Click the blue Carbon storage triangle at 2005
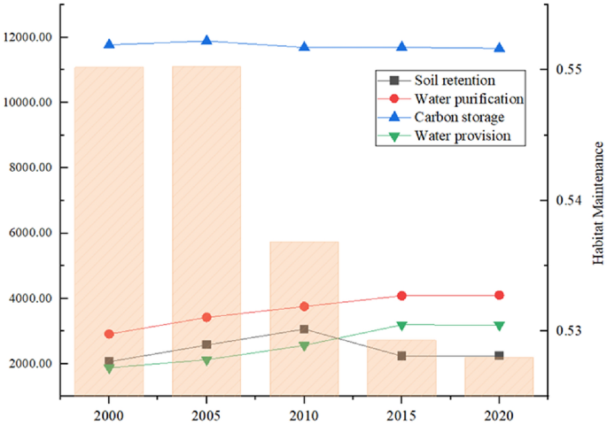206,40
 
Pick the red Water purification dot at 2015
401,296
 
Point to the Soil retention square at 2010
304,329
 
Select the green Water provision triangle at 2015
401,326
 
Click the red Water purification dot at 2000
109,334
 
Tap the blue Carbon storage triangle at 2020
499,48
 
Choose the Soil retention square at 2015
401,356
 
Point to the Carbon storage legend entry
459,117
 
